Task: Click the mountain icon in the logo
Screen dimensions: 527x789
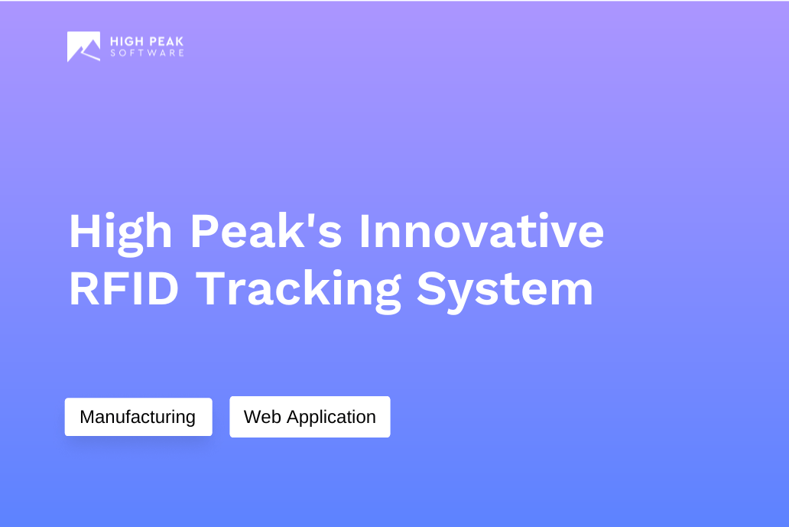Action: coord(83,47)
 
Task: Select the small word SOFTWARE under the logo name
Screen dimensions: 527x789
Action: coord(147,54)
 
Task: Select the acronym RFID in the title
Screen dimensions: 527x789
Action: coord(124,289)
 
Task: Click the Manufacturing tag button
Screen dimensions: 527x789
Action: coord(138,417)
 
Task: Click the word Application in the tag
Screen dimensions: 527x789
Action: coord(331,418)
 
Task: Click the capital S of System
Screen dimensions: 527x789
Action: coord(430,289)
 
